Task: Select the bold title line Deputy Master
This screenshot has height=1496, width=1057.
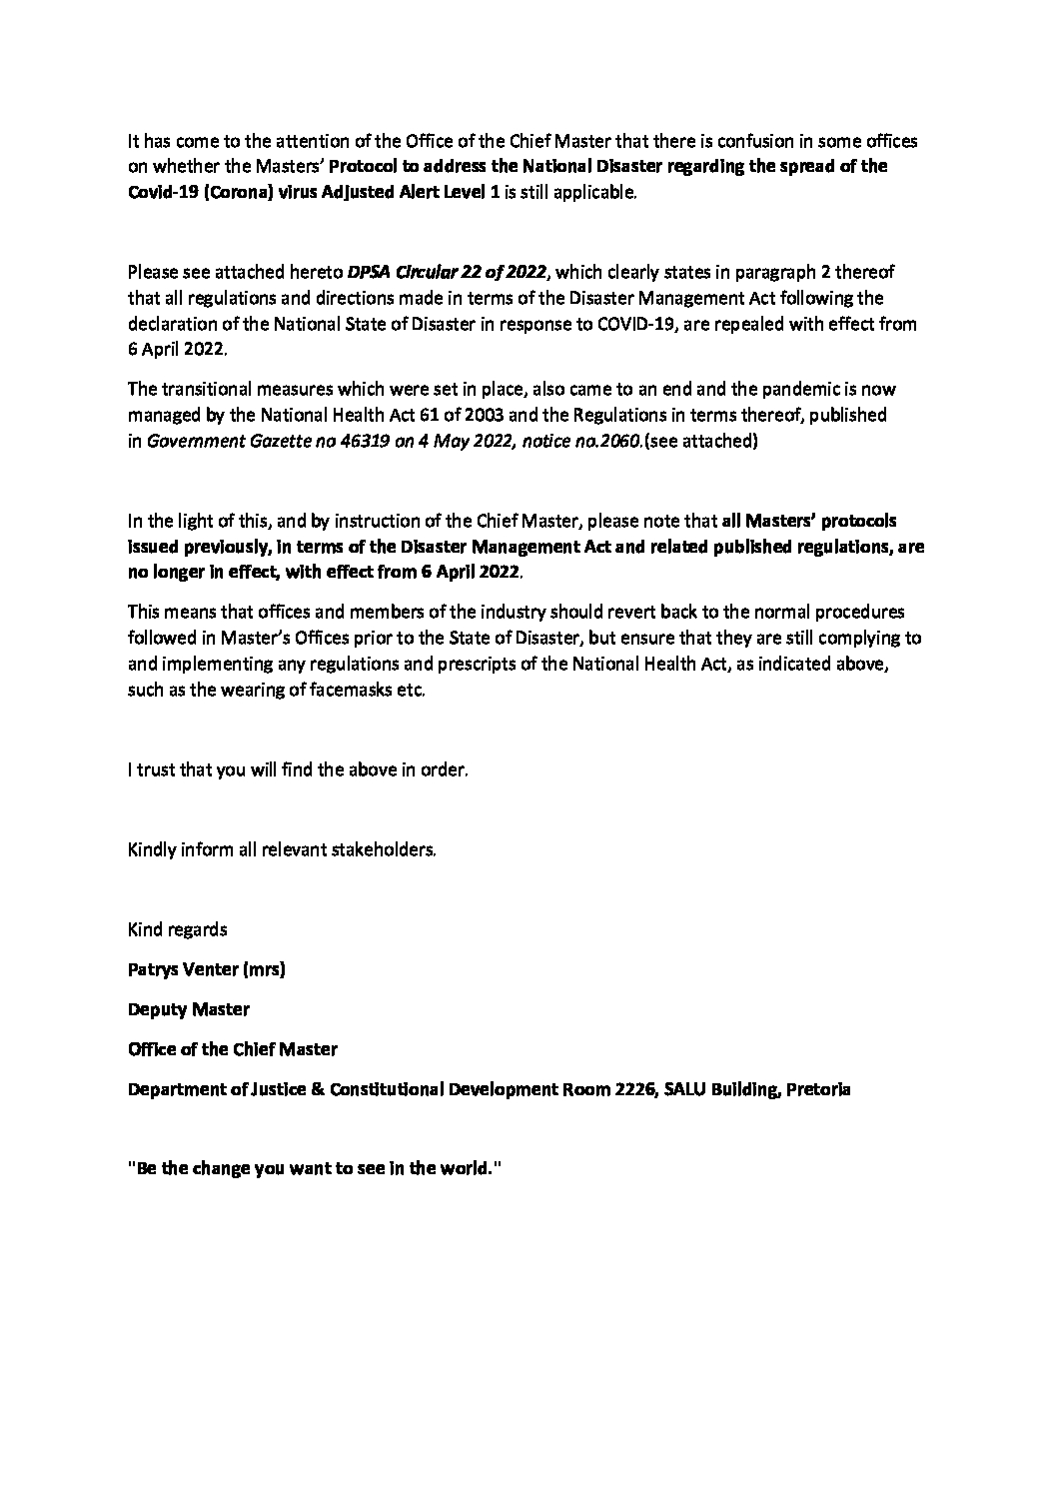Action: (189, 1009)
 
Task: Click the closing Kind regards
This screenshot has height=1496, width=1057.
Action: (178, 929)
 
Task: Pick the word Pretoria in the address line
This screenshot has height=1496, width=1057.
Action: (819, 1089)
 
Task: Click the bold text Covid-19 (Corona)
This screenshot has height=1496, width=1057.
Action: (200, 193)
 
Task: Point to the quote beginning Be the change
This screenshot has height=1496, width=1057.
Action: (313, 1169)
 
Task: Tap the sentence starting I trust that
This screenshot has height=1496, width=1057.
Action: (298, 770)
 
